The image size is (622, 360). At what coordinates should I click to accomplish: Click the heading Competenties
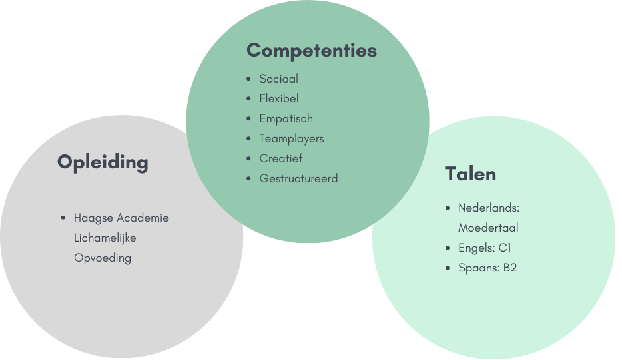312,51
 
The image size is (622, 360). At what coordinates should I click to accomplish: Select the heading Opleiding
103,162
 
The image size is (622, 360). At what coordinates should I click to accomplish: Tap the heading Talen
470,174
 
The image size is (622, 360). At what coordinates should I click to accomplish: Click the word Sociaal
279,79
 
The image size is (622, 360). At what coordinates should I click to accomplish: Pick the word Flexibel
279,98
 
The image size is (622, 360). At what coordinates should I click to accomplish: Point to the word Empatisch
286,118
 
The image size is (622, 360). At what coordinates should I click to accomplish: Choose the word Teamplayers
292,138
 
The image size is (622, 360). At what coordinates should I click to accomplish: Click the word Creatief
281,158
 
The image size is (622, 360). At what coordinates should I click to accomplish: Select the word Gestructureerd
299,178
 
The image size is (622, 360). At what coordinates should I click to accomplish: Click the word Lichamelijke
105,238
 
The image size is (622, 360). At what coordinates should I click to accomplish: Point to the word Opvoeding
103,258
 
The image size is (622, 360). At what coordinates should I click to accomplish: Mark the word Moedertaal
488,228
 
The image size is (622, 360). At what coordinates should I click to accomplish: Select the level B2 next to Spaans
509,268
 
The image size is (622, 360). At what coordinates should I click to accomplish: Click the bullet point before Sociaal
248,79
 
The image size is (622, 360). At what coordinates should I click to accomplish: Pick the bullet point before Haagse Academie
63,218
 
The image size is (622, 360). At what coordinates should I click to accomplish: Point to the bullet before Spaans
448,268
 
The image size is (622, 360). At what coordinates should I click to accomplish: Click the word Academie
143,218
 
